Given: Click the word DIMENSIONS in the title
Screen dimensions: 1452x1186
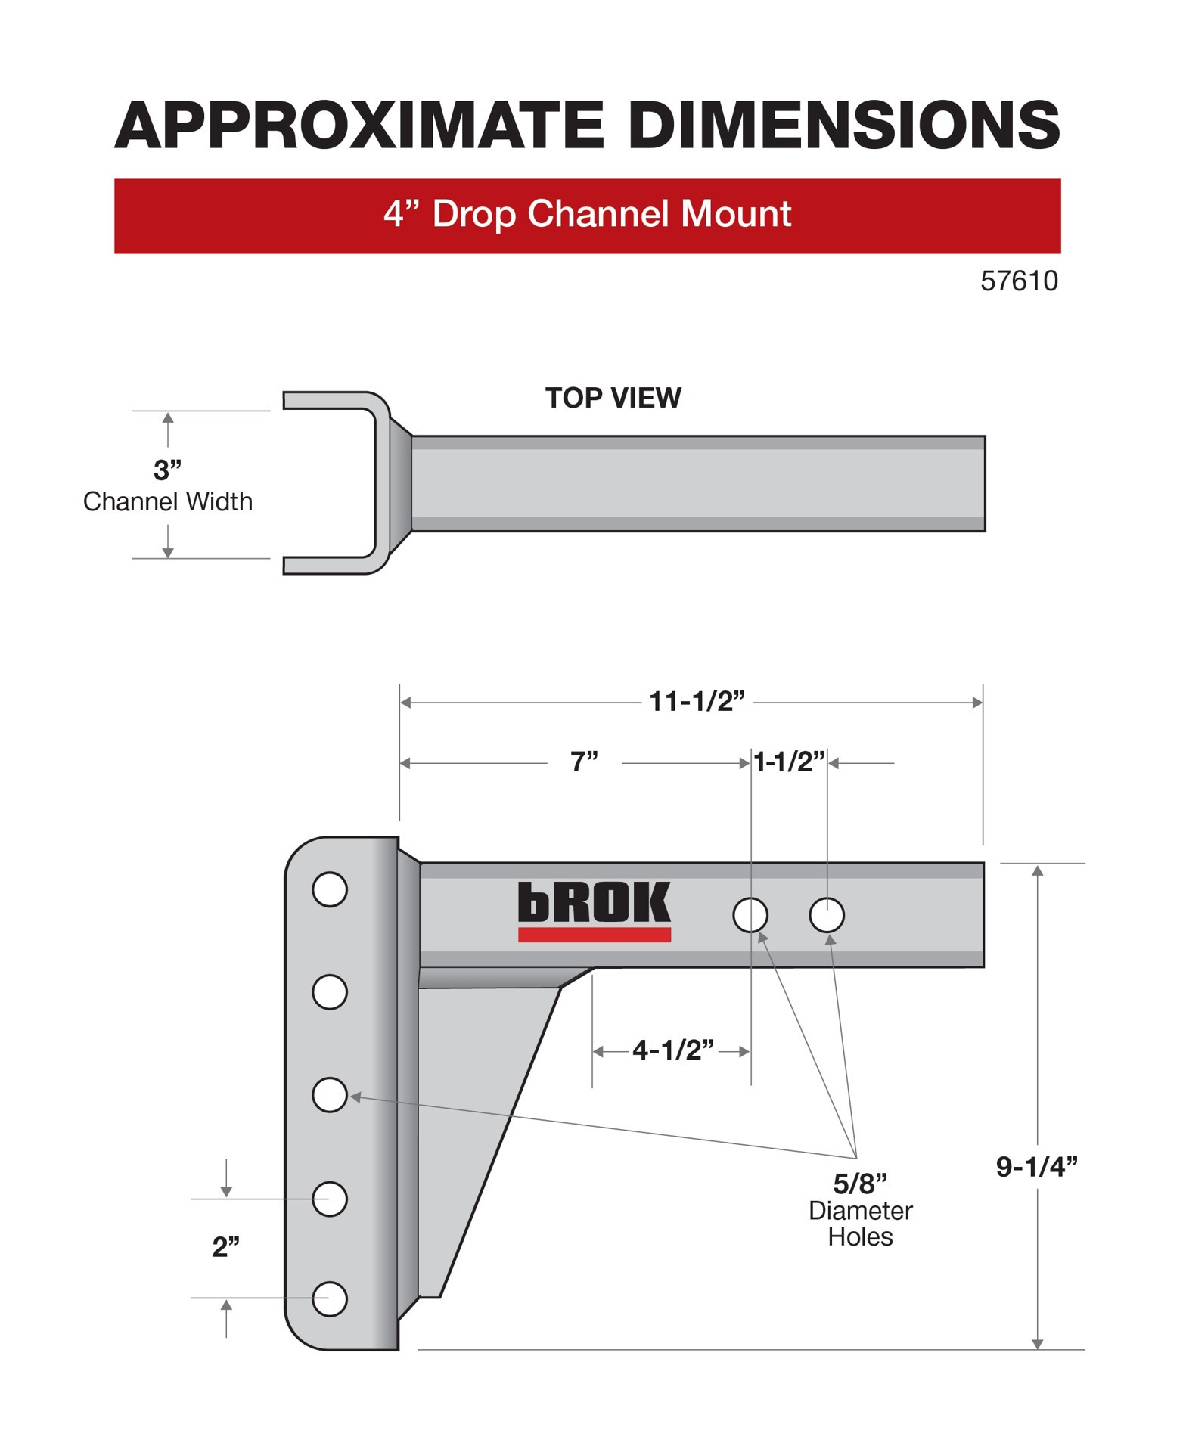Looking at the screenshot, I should pyautogui.click(x=844, y=125).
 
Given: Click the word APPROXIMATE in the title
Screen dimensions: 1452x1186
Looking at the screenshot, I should pyautogui.click(x=359, y=125).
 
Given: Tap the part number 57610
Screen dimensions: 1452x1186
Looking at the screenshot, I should pyautogui.click(x=1019, y=281).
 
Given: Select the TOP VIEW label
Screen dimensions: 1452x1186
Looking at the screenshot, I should pyautogui.click(x=613, y=398).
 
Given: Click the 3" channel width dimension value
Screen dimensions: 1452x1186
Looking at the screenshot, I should pyautogui.click(x=167, y=470).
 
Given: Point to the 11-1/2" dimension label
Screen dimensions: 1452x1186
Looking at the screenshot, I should pyautogui.click(x=697, y=701).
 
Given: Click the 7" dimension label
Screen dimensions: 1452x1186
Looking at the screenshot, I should pyautogui.click(x=584, y=762).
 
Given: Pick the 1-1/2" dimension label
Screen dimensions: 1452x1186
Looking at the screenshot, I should pyautogui.click(x=789, y=762).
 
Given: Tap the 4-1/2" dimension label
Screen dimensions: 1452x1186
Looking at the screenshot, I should pyautogui.click(x=672, y=1050).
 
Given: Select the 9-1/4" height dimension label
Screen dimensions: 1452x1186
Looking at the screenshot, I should pyautogui.click(x=1036, y=1167).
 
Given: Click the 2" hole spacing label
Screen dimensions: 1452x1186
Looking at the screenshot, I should pyautogui.click(x=225, y=1247).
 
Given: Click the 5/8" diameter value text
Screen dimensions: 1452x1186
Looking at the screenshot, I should pyautogui.click(x=860, y=1184).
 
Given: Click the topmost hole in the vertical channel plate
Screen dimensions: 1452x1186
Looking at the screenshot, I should pyautogui.click(x=330, y=889).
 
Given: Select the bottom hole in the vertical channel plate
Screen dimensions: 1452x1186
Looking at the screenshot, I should pyautogui.click(x=330, y=1299).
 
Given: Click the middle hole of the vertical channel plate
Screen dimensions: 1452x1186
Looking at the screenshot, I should pyautogui.click(x=330, y=1095).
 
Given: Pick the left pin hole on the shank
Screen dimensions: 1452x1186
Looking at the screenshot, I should pyautogui.click(x=750, y=915).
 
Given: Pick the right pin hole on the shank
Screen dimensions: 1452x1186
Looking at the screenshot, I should pyautogui.click(x=827, y=915).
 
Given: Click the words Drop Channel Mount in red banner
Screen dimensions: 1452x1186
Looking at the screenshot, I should pyautogui.click(x=611, y=214).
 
